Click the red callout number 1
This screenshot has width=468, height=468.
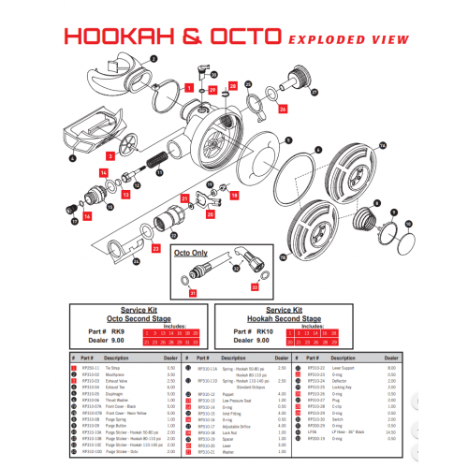(x=190, y=87)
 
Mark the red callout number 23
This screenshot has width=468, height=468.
(x=155, y=248)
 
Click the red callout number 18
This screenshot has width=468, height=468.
(x=234, y=196)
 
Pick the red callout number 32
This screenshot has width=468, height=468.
(x=255, y=288)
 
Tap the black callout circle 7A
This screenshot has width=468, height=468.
(x=381, y=144)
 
